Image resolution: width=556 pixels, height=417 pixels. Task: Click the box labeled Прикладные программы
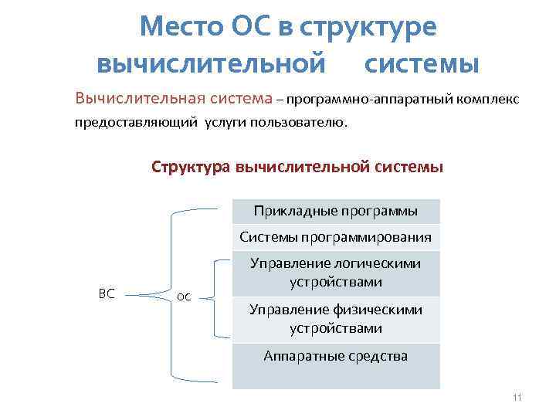pyautogui.click(x=336, y=211)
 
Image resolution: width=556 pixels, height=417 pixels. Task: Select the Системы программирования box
pyautogui.click(x=336, y=236)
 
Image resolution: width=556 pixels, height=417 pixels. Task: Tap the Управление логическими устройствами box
pyautogui.click(x=336, y=273)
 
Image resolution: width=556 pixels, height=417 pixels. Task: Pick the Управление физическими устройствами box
pyautogui.click(x=336, y=319)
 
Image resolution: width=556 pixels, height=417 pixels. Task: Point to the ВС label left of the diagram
pyautogui.click(x=107, y=293)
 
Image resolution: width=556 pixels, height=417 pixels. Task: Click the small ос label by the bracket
pyautogui.click(x=184, y=296)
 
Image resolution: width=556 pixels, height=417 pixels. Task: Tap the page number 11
pyautogui.click(x=517, y=398)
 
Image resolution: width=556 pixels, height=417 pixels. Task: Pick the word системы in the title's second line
pyautogui.click(x=422, y=63)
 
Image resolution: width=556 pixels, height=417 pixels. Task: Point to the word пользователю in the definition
pyautogui.click(x=302, y=123)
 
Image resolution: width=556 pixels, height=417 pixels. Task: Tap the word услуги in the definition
pyautogui.click(x=229, y=123)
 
